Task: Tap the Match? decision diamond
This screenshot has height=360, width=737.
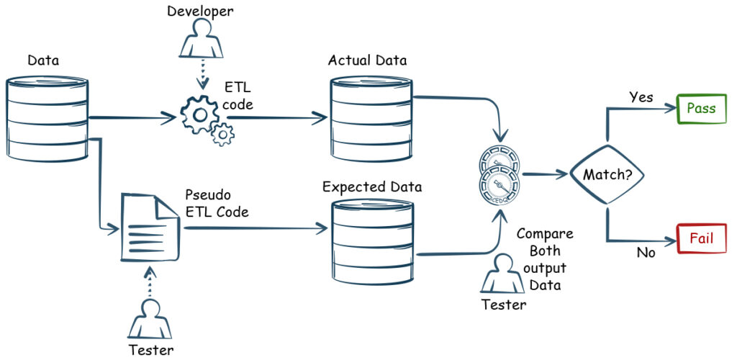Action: (607, 174)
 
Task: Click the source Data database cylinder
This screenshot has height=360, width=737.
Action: (48, 117)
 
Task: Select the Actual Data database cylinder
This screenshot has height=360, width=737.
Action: (371, 118)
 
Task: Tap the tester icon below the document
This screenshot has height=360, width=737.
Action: (150, 320)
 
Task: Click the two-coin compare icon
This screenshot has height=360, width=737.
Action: (499, 174)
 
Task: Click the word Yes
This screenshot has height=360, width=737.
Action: (641, 97)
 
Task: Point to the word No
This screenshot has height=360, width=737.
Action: (645, 253)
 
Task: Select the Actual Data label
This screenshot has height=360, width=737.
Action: (367, 60)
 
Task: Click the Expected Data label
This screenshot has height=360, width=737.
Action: (372, 187)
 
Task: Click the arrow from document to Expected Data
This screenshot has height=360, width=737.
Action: (252, 228)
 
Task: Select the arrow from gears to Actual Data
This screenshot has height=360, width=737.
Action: (277, 117)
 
